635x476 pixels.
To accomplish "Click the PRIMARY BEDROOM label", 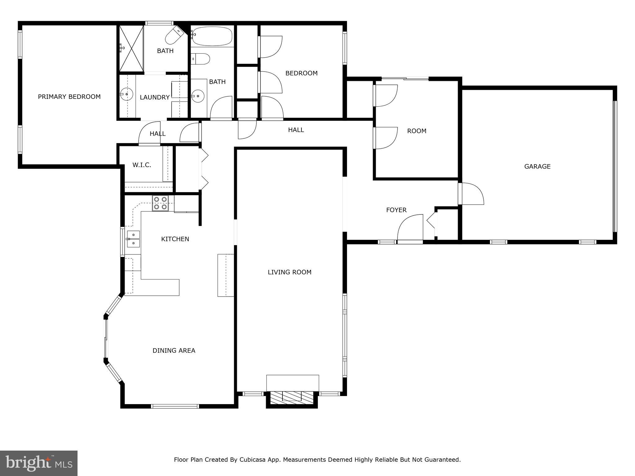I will coord(69,97).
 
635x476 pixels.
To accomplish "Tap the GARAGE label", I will coord(537,166).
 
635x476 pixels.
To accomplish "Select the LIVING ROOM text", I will coord(289,272).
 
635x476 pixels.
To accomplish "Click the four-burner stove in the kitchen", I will coord(160,203).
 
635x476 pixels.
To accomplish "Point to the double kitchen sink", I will coord(133,239).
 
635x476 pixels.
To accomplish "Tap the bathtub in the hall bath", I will coord(212,36).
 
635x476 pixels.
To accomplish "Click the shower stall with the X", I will coord(131,49).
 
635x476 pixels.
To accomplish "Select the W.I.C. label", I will coord(142,165).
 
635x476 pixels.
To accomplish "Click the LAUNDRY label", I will coord(155,97).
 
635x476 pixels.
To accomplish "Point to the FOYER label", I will coord(396,210).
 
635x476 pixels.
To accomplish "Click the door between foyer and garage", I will coord(471,194).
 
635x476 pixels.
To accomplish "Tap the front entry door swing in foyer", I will coord(411,227).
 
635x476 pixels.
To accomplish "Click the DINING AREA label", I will coord(174,350).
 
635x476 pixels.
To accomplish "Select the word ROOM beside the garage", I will coord(416,131).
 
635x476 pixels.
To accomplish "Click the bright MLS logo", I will coord(39,463).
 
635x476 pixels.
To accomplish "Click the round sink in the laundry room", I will coord(127,94).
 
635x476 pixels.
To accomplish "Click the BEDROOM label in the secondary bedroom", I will coord(301,73).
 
